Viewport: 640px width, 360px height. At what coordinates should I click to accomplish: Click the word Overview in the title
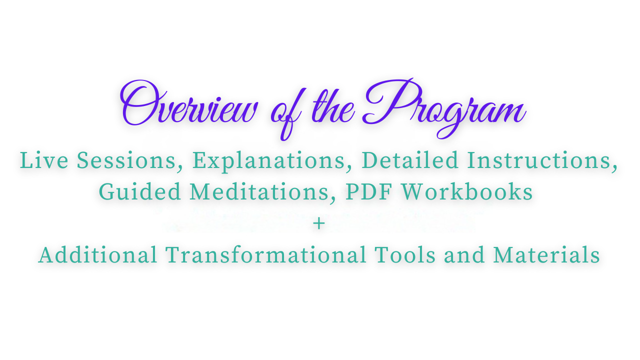[188, 104]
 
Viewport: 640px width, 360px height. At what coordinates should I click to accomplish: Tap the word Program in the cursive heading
[444, 108]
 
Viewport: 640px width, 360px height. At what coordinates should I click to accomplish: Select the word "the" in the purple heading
[333, 107]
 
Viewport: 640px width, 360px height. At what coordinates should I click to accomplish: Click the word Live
[44, 160]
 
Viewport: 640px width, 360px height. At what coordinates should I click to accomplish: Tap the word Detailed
[410, 160]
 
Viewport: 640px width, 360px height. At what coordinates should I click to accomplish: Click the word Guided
[139, 191]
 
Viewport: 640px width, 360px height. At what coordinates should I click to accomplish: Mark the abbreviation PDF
[368, 191]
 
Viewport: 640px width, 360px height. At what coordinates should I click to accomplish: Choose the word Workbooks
[467, 191]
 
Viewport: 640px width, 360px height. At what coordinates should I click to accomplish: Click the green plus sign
[319, 223]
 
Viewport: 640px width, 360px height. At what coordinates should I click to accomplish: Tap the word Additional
[97, 254]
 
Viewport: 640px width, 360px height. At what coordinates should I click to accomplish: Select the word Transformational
[265, 254]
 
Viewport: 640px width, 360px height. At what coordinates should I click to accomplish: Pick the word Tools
[405, 254]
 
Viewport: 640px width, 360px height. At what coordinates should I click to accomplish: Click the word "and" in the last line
[464, 254]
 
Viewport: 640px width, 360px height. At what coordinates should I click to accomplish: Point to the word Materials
[546, 254]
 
